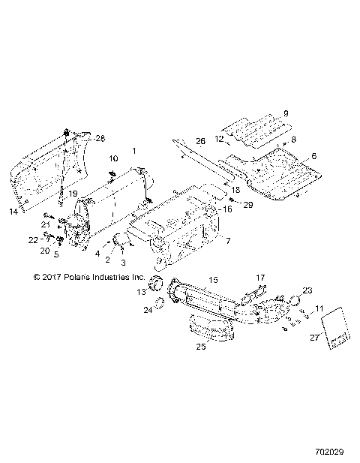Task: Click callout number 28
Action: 100,139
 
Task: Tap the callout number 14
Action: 13,212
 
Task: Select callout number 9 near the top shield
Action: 285,113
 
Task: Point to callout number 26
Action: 200,141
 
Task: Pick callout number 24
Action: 148,309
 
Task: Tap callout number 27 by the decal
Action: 316,338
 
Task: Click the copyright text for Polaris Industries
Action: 88,276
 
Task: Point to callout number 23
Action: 307,290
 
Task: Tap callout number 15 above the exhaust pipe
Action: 213,279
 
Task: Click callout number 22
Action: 31,239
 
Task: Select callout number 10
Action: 114,159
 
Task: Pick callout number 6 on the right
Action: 314,155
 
